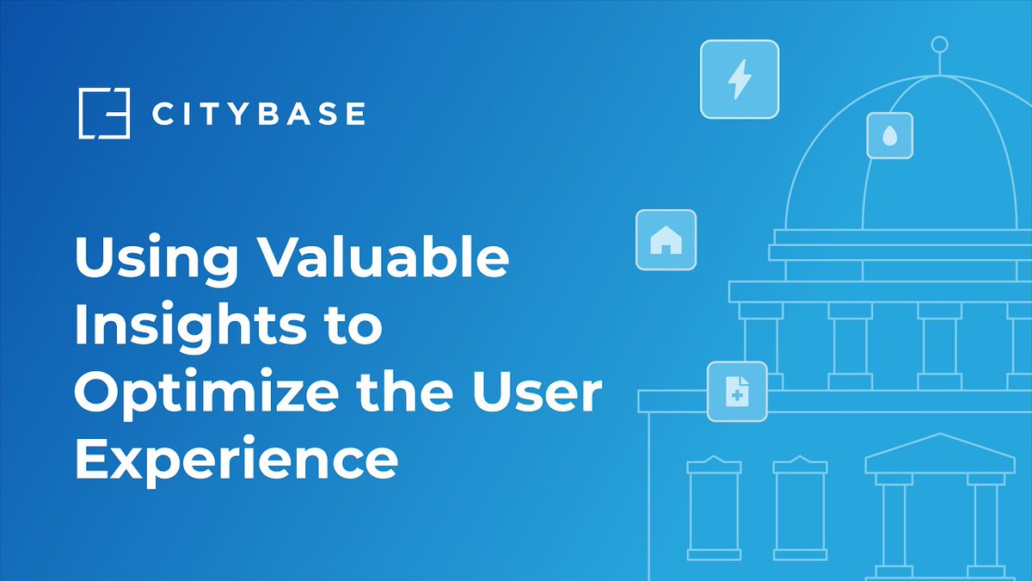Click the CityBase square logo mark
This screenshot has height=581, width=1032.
pos(103,113)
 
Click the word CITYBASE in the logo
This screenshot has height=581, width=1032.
pos(259,114)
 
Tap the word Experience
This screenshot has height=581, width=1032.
pos(236,460)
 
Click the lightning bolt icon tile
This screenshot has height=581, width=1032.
pos(739,80)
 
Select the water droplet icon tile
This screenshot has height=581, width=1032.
pos(889,135)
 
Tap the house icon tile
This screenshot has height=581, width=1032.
pos(666,240)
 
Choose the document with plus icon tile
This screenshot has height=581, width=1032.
pos(737,392)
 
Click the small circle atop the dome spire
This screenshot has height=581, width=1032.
pos(940,44)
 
